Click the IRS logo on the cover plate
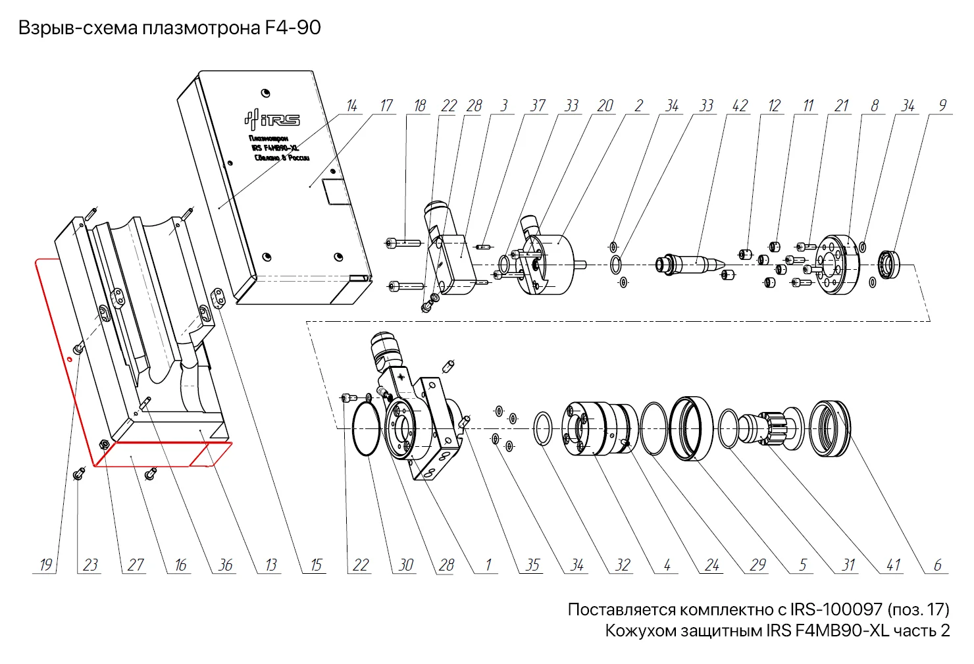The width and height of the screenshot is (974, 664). tap(272, 119)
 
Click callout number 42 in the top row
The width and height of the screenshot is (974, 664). tap(740, 106)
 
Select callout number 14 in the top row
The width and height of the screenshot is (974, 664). tap(352, 106)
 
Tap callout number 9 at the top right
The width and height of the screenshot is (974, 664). tap(942, 106)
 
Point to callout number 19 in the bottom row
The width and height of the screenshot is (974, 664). tap(45, 565)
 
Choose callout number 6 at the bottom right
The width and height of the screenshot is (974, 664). tap(937, 565)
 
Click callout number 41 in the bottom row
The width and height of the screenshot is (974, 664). tap(893, 565)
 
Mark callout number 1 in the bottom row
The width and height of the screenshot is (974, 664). tap(488, 565)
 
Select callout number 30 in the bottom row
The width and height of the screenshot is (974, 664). tap(406, 565)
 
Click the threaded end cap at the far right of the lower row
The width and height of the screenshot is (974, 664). tap(829, 428)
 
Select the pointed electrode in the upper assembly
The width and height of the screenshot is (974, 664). tap(692, 264)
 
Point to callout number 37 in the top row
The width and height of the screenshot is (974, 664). tap(538, 106)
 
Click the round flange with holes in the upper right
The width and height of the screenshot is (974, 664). tap(838, 265)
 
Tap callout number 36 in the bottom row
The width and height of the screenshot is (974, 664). tap(225, 565)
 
